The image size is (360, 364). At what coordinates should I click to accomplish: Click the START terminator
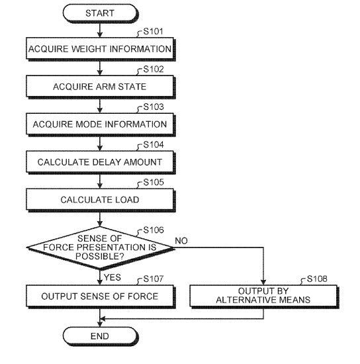tap(101, 13)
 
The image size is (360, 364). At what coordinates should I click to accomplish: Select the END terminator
tap(101, 336)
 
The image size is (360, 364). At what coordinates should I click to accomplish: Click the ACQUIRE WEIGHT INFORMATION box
tap(101, 49)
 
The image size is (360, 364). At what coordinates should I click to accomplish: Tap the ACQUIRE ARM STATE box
tap(101, 87)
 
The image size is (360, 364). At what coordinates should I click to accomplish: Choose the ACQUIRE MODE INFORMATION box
tap(101, 124)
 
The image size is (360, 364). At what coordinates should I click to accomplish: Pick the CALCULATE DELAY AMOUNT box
tap(101, 162)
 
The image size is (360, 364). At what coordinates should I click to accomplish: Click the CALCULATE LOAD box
tap(101, 200)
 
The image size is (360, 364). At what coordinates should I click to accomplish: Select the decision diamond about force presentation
tap(100, 248)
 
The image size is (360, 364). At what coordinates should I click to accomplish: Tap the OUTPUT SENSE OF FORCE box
tap(101, 296)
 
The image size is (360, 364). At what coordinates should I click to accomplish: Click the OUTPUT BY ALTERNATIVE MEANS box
tap(264, 296)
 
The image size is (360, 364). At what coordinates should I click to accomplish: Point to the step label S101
tap(153, 31)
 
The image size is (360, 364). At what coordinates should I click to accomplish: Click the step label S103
tap(154, 107)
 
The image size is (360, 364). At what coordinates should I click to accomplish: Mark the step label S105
tap(154, 182)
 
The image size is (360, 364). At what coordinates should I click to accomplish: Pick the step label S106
tap(154, 230)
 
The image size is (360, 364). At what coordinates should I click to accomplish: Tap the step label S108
tap(317, 279)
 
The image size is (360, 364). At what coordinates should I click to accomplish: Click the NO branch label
tap(181, 241)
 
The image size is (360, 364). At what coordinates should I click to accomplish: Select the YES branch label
tap(112, 277)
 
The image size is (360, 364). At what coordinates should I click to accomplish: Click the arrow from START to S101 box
tap(100, 30)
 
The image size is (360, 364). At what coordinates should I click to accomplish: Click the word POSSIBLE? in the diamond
tap(100, 256)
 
